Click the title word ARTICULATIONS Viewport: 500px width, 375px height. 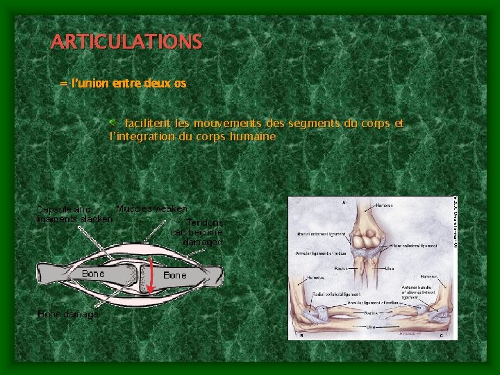(x=126, y=42)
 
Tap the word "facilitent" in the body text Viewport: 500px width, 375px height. (x=149, y=123)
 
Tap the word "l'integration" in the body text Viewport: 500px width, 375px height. (x=142, y=137)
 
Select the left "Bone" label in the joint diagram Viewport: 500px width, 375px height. (x=93, y=274)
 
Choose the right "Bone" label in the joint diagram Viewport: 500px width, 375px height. (x=175, y=276)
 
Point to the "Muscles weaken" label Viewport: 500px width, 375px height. (x=151, y=208)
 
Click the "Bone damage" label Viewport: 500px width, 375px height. (x=67, y=314)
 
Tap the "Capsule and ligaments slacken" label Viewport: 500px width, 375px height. (x=74, y=214)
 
